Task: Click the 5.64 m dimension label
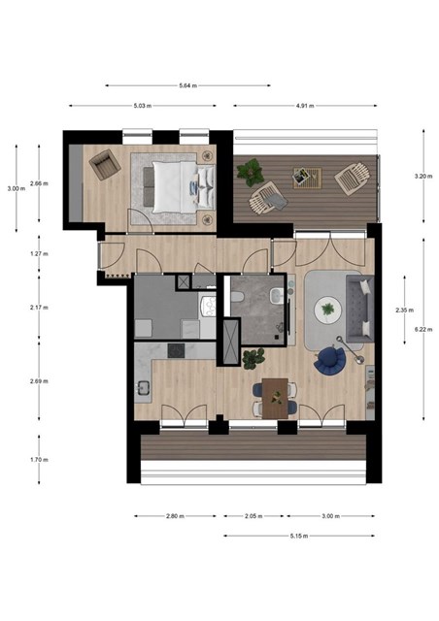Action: click(188, 85)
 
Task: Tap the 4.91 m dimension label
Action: click(305, 106)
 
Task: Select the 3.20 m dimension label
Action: click(423, 177)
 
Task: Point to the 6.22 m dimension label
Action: click(423, 329)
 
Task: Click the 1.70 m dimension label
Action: click(39, 460)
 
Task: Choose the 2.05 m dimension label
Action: click(253, 516)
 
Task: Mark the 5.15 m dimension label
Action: click(299, 536)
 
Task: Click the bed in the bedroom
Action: click(179, 186)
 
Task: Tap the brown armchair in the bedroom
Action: click(105, 164)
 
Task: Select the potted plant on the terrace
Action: click(251, 172)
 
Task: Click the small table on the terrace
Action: click(307, 178)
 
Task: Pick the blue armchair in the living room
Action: click(329, 360)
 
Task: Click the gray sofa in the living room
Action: click(360, 309)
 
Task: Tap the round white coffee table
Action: click(328, 310)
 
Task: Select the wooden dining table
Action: click(275, 398)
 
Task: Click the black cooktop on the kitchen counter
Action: click(176, 351)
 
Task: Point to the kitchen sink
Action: click(143, 388)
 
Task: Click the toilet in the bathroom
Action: click(238, 297)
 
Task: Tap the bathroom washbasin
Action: click(277, 295)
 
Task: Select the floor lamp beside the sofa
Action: click(350, 349)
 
